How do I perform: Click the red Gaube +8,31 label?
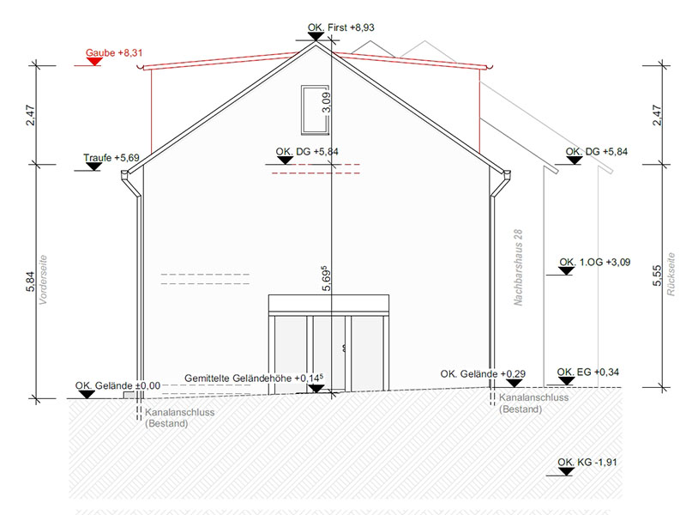(114, 53)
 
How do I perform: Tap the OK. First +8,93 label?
(340, 27)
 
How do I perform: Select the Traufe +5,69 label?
(111, 158)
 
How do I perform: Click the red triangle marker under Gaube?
(94, 62)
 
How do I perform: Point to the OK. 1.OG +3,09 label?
(594, 263)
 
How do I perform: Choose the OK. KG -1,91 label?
(587, 463)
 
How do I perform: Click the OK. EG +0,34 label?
(587, 373)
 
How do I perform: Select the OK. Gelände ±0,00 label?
(117, 385)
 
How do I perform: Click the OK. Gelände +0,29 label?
(483, 374)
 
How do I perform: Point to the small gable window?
(315, 110)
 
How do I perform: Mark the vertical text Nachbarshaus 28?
(518, 267)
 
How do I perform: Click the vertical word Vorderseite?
(43, 280)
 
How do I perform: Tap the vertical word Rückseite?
(671, 274)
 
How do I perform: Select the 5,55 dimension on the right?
(657, 276)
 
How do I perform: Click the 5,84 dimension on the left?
(30, 282)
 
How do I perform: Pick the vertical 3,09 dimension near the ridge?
(327, 102)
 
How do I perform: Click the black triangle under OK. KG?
(566, 471)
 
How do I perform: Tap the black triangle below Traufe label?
(93, 167)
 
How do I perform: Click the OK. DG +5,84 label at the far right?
(596, 152)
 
